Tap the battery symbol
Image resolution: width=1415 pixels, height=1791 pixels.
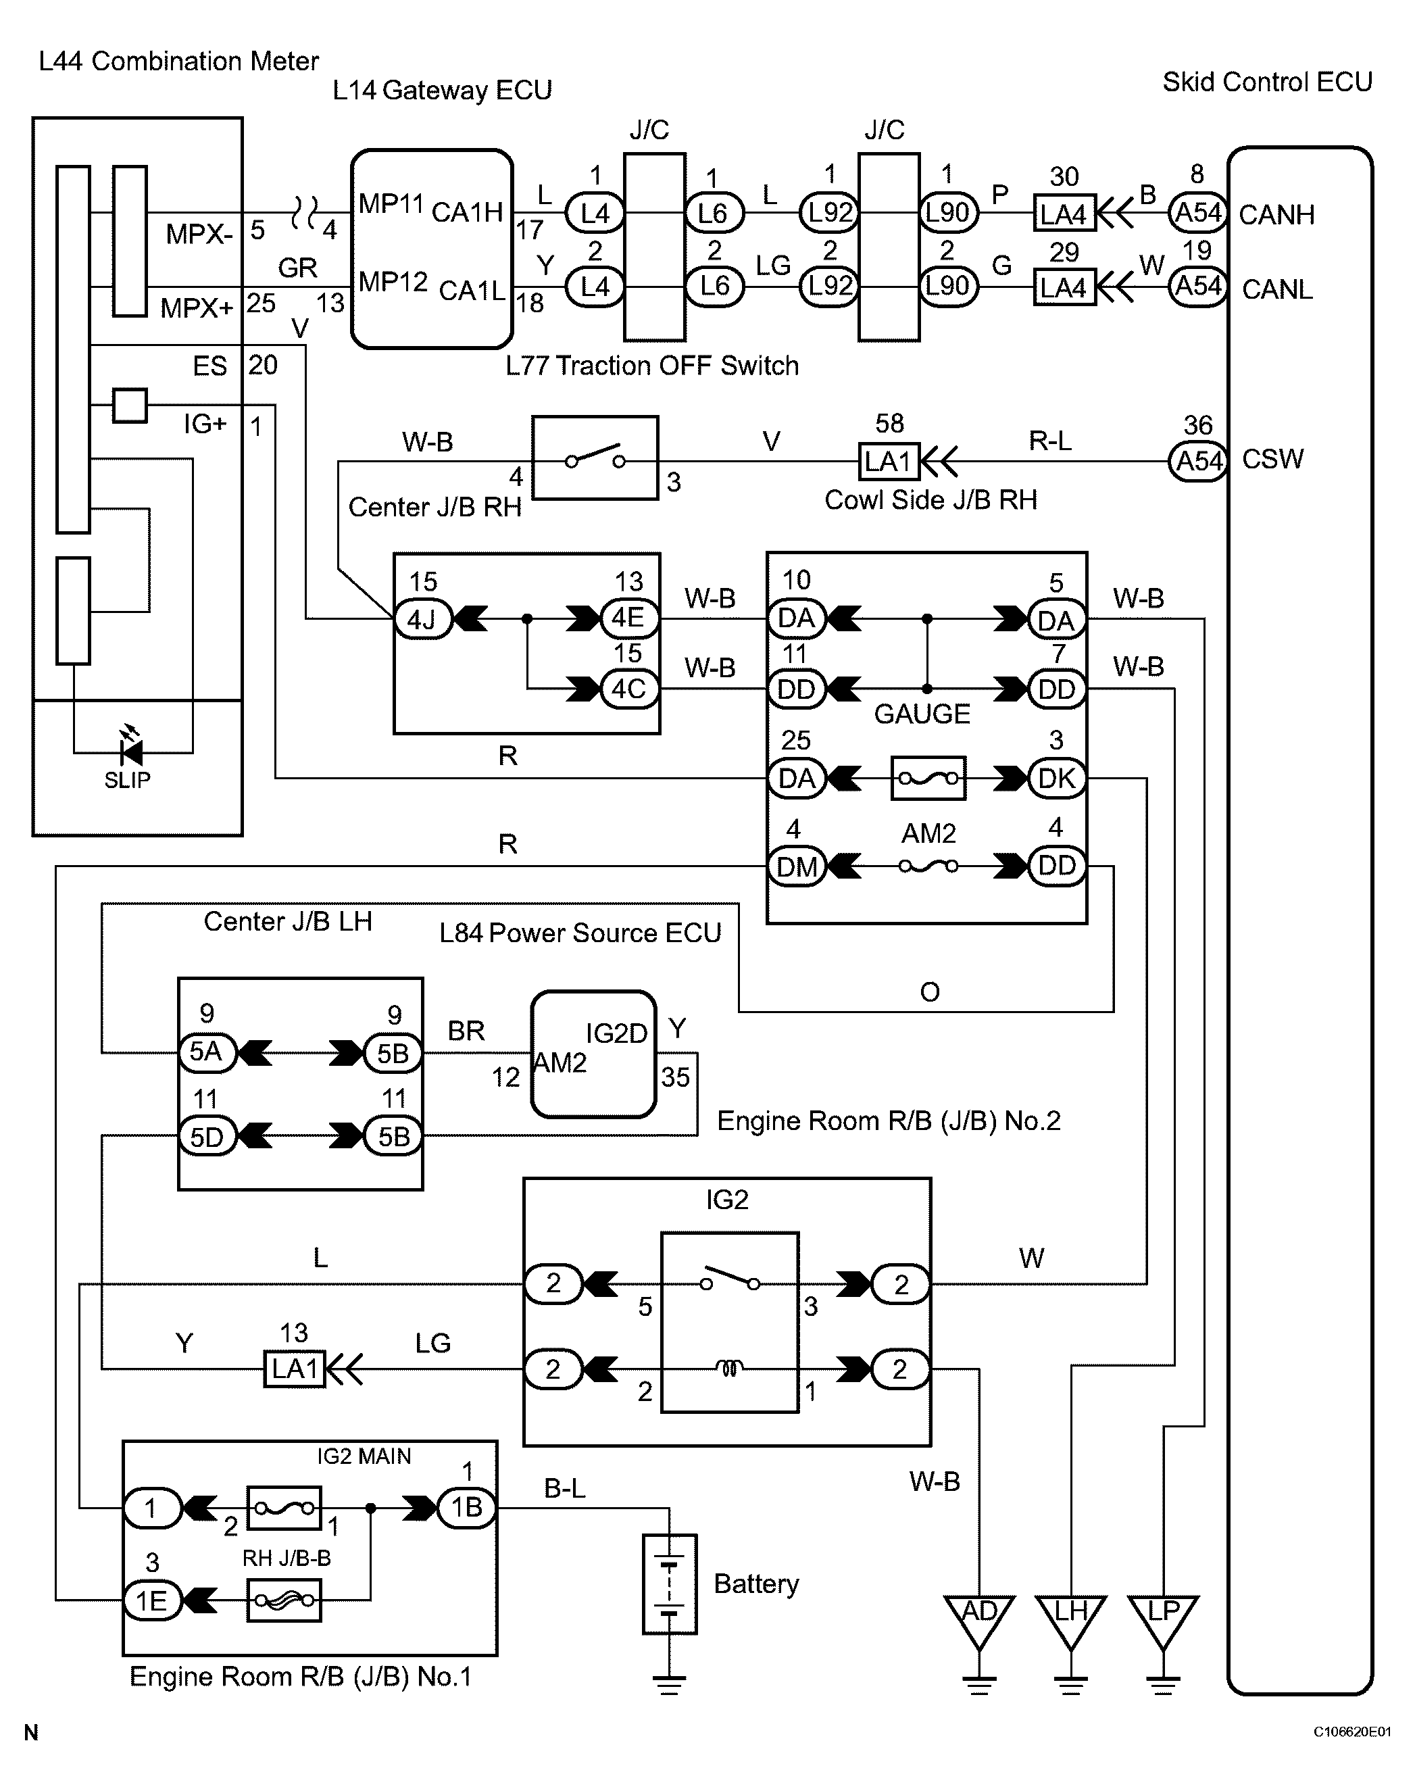(x=670, y=1584)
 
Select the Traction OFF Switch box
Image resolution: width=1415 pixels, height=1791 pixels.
(x=595, y=458)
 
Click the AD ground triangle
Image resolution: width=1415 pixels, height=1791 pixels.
(x=979, y=1622)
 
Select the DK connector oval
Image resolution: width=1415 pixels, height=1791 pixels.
(x=1056, y=779)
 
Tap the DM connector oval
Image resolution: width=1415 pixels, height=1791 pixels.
(x=797, y=866)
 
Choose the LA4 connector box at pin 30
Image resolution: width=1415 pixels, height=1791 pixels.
(x=1064, y=214)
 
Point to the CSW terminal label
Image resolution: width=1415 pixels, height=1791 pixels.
(x=1272, y=459)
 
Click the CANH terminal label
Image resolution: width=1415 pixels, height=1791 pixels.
(x=1276, y=214)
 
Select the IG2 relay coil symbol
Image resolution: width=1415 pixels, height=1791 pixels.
(x=729, y=1369)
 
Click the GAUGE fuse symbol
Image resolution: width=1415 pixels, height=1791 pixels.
(x=928, y=779)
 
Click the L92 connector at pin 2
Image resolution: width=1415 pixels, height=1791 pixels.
(x=829, y=287)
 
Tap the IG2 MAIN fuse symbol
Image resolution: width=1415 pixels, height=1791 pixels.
(x=284, y=1508)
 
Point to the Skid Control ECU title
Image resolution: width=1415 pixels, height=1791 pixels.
(x=1268, y=82)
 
